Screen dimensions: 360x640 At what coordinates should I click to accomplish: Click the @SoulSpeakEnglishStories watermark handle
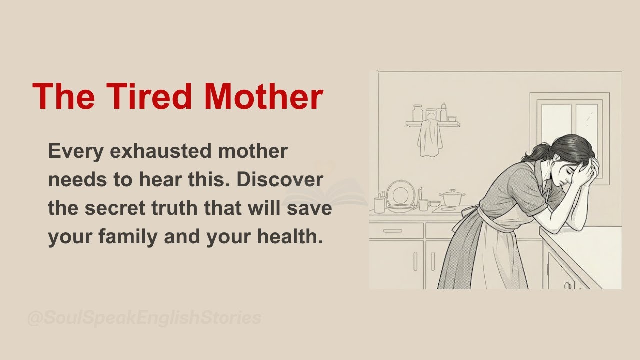click(x=144, y=318)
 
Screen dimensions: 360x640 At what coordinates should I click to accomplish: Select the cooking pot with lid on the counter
click(x=452, y=198)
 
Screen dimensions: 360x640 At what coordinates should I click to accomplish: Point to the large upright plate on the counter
click(x=400, y=193)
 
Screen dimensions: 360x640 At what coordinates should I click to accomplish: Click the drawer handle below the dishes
click(x=393, y=231)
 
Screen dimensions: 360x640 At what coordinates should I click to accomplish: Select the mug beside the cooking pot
click(x=423, y=204)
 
